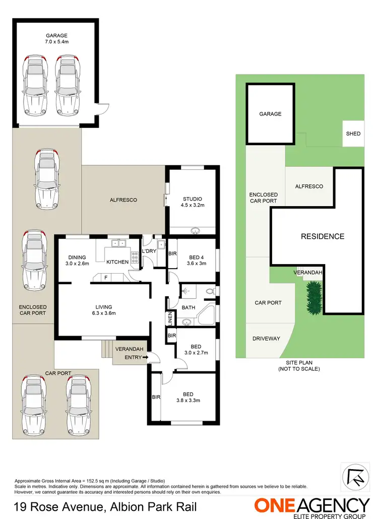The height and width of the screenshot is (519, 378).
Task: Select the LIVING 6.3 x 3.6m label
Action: pos(104,310)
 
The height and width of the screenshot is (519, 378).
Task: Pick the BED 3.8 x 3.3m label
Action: pos(189,397)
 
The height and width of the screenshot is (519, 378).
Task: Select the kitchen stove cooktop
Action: pos(135,258)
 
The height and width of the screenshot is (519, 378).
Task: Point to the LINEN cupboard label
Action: pos(170,319)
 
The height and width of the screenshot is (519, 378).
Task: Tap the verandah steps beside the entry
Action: pos(107,348)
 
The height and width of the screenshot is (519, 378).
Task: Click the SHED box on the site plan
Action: pos(353,134)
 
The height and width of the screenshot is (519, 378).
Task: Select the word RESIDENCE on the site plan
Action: pos(323,236)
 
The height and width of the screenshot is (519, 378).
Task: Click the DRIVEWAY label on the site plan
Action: pos(266,339)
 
